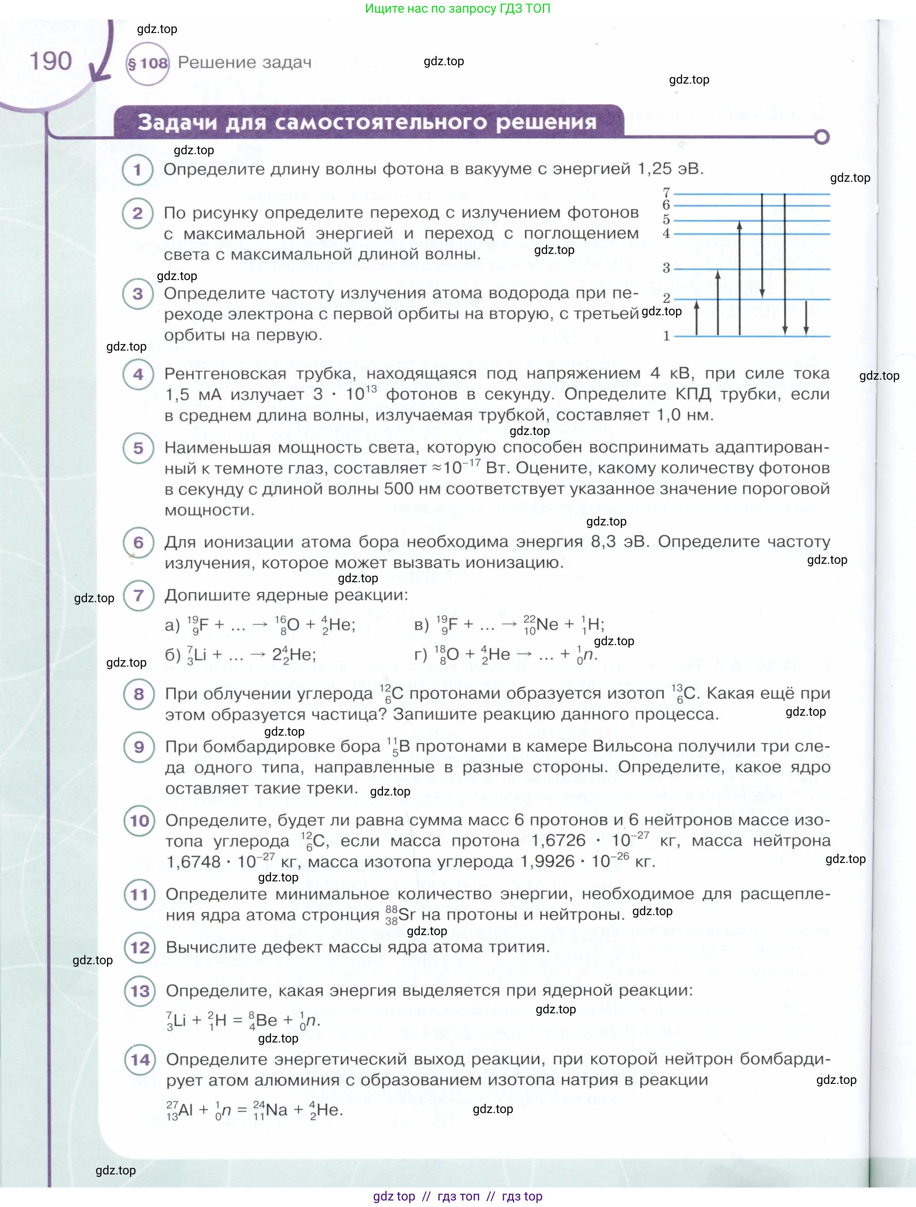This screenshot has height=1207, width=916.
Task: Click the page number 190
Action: pyautogui.click(x=50, y=61)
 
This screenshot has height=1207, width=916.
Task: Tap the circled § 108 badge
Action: pyautogui.click(x=147, y=63)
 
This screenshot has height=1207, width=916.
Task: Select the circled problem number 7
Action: pyautogui.click(x=138, y=595)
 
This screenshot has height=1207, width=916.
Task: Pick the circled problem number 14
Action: pyautogui.click(x=140, y=1060)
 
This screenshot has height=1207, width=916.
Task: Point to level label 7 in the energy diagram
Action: pyautogui.click(x=666, y=193)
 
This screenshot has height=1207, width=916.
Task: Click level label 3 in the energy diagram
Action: pyautogui.click(x=666, y=268)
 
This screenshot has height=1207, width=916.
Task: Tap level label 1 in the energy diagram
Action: pyautogui.click(x=666, y=336)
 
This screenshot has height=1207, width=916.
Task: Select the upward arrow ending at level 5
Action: pyautogui.click(x=740, y=278)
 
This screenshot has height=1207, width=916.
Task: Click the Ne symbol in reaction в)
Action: pyautogui.click(x=547, y=624)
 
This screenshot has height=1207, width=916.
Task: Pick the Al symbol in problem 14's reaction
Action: pyautogui.click(x=186, y=1110)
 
